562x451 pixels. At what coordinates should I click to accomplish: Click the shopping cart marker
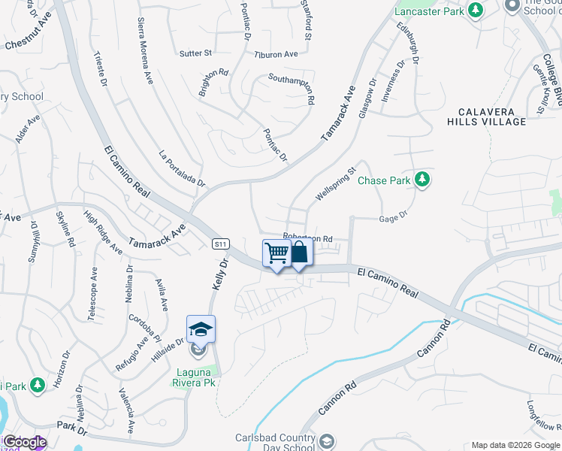[x=276, y=254]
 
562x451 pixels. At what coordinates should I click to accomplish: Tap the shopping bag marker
[x=299, y=253]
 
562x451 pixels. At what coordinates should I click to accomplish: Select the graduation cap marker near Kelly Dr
[x=201, y=330]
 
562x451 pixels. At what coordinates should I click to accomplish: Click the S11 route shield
[x=219, y=244]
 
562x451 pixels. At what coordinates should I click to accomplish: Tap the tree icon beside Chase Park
[x=422, y=180]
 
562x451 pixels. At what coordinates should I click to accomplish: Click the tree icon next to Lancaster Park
[x=475, y=10]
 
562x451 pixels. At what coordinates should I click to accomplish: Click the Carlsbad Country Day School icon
[x=326, y=441]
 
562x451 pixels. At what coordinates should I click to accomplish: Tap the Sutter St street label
[x=196, y=53]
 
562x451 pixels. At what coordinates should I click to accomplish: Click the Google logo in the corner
[x=24, y=442]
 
